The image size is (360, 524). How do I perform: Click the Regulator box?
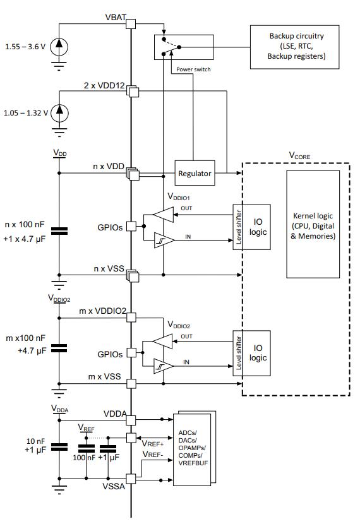[195, 173]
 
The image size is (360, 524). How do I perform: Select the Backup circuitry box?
[294, 47]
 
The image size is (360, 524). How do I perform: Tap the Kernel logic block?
[313, 224]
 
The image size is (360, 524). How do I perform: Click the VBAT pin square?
[131, 24]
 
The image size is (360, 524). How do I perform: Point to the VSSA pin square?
[131, 479]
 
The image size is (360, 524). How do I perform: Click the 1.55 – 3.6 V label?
[25, 47]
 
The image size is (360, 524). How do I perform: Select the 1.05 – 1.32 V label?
[26, 113]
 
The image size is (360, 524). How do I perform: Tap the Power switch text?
[193, 69]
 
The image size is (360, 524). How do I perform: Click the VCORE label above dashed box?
[299, 156]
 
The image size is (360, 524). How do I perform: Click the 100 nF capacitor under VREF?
[86, 448]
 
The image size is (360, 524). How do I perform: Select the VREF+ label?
[153, 444]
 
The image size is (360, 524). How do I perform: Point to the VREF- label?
[153, 455]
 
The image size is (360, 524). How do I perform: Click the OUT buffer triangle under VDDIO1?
[164, 215]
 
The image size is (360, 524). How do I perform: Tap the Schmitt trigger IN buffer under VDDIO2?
[164, 366]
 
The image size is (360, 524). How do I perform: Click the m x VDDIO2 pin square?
[131, 317]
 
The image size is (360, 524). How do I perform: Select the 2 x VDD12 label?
[104, 86]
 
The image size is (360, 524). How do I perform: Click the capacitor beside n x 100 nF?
[59, 231]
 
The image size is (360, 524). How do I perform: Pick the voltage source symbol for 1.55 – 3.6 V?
[59, 47]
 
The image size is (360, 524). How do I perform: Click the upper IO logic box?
[252, 227]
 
